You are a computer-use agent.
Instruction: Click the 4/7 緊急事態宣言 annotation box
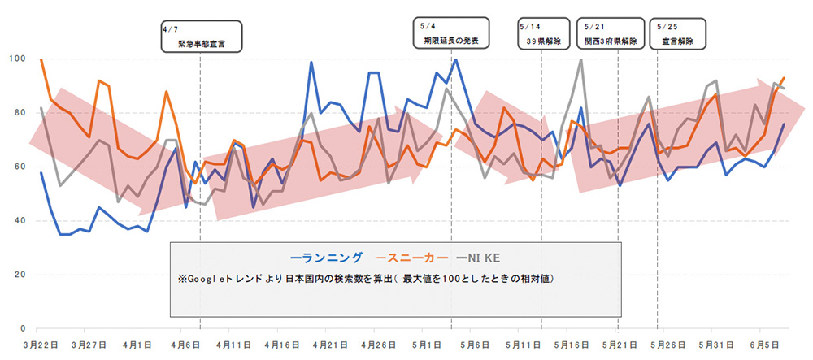(198, 37)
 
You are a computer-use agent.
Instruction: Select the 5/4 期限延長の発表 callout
(451, 33)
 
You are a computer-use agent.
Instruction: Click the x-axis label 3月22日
(41, 345)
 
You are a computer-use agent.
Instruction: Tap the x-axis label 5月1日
(426, 345)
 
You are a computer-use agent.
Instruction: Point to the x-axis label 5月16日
(571, 345)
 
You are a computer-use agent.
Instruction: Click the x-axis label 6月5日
(763, 345)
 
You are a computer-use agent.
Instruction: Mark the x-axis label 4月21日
(329, 345)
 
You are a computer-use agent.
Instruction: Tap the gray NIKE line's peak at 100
(580, 59)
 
